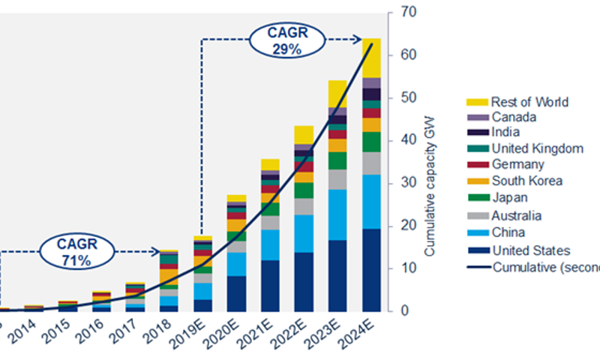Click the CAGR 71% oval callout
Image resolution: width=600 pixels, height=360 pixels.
[76, 253]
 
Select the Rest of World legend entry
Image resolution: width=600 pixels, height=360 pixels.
[529, 102]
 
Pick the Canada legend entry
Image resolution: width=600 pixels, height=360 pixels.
[513, 117]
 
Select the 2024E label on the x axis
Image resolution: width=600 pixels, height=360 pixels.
[372, 329]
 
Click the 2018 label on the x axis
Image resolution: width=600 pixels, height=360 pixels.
[169, 329]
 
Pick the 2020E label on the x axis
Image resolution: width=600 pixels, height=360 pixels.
[237, 329]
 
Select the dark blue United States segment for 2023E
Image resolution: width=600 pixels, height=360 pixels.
[338, 274]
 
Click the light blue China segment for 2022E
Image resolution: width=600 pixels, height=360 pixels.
[304, 233]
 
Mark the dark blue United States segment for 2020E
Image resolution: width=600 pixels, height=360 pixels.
[237, 292]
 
